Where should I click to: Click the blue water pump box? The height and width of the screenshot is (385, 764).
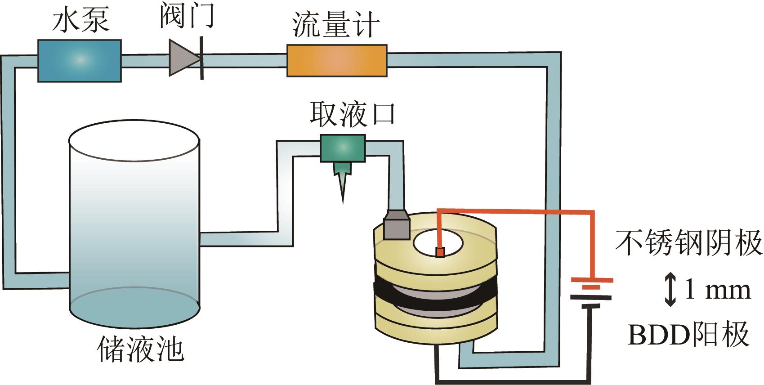click(x=79, y=60)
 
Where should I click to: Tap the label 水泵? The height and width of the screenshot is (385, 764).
click(x=81, y=21)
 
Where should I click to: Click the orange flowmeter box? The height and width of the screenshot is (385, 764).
click(x=337, y=60)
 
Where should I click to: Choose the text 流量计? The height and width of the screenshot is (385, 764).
click(x=336, y=25)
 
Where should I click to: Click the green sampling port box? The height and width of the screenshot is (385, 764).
click(x=342, y=148)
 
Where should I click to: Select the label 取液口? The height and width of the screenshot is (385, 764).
click(x=353, y=113)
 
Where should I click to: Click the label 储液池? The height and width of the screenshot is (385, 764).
click(x=141, y=349)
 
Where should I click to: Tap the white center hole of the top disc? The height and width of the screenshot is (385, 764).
click(x=438, y=243)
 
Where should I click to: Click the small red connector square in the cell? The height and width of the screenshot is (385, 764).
click(x=440, y=252)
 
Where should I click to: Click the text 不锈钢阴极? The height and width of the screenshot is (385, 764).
click(x=688, y=243)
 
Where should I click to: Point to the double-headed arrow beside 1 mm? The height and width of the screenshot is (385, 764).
click(x=670, y=290)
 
